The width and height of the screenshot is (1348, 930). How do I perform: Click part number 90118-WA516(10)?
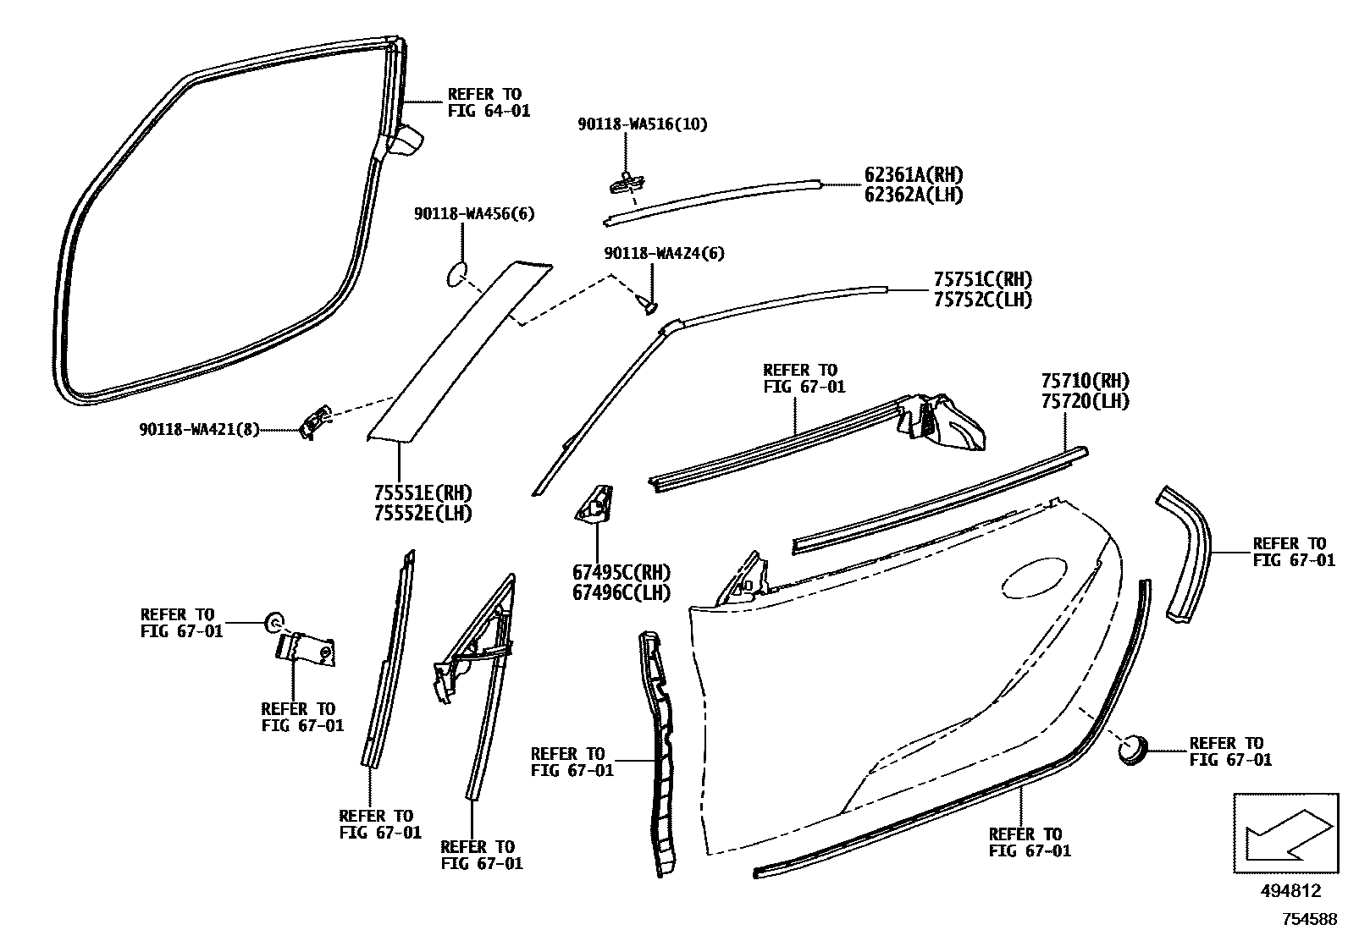pos(643,124)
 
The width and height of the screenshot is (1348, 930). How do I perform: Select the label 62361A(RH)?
pos(913,175)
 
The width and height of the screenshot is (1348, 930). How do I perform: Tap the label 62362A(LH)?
pos(913,195)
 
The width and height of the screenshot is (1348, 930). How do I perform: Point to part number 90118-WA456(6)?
pos(474,215)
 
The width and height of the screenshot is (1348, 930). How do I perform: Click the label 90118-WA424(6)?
pos(664,254)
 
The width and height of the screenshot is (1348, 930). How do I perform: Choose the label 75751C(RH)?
pos(982,279)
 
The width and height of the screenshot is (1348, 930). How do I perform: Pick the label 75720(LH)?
pos(1085,401)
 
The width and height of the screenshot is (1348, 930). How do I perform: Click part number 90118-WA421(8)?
pos(199,430)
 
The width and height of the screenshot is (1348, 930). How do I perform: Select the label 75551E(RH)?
pos(423,493)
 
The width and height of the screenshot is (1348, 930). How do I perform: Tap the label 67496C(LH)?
pos(621,593)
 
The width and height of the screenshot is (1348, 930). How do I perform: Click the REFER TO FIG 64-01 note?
pos(489,102)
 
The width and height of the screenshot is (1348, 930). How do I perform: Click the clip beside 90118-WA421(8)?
pos(315,421)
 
